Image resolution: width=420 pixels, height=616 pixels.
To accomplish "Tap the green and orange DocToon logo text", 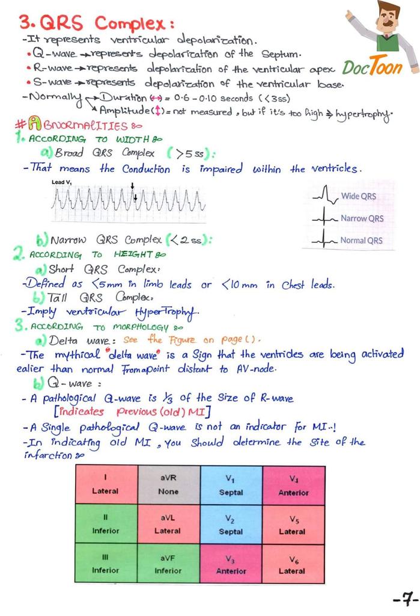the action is pos(372,67).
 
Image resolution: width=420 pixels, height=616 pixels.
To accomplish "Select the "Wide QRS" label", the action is pos(359,196).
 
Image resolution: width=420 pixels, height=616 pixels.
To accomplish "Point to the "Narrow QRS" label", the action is pos(362,218).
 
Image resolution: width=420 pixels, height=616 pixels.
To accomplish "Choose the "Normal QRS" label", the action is pos(361,241).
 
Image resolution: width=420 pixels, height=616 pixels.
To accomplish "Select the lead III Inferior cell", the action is pos(105,564).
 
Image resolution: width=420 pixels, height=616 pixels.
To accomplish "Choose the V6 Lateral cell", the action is pos(293,564).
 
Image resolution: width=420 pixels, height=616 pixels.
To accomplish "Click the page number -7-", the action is pos(402,599).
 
